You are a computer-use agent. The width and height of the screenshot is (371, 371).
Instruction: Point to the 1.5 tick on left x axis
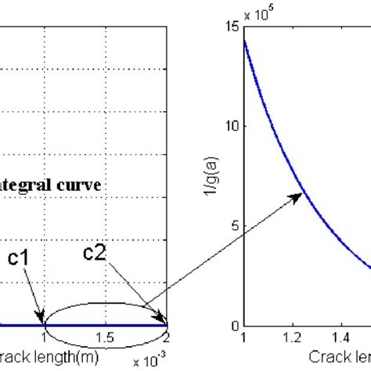click(105, 337)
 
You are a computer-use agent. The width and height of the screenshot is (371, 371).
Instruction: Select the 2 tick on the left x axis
click(166, 337)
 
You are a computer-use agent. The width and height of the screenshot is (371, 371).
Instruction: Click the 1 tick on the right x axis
click(243, 338)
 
